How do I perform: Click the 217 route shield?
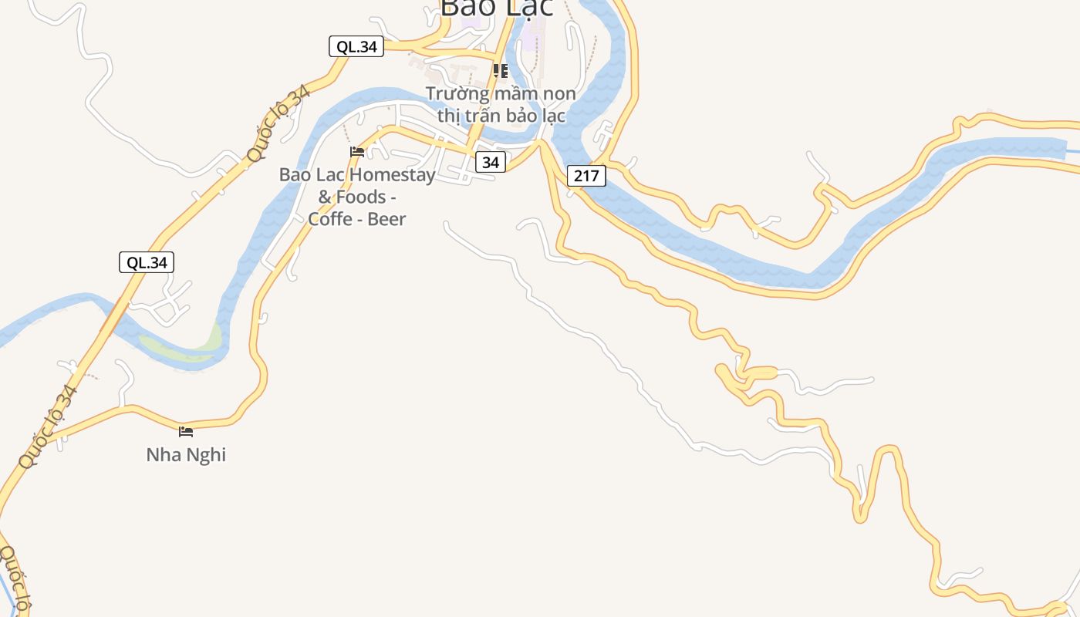(586, 176)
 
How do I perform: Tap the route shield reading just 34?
(491, 162)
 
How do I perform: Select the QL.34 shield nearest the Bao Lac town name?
(356, 46)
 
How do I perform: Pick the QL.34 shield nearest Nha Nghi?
(147, 262)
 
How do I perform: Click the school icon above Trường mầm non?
(501, 72)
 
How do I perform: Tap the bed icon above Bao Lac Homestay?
(357, 152)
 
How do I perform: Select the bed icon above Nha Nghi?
(186, 432)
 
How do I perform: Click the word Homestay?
(393, 175)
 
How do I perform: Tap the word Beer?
(386, 219)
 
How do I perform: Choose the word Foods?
(360, 197)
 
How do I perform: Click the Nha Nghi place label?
(186, 455)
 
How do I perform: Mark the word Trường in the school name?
(457, 94)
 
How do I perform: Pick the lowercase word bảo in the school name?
(527, 116)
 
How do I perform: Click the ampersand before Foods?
(325, 197)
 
